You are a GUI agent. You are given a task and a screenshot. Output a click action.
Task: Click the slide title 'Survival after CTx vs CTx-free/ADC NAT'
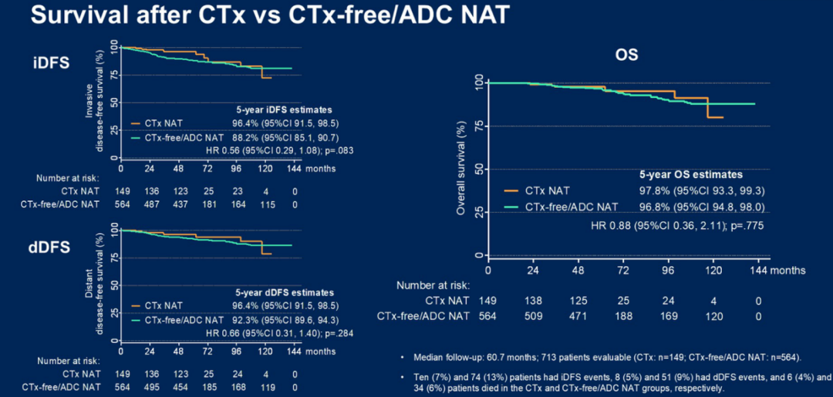click(x=269, y=15)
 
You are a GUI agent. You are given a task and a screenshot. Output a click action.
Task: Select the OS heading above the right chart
click(x=626, y=56)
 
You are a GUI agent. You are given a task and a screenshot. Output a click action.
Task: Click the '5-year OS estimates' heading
click(x=691, y=175)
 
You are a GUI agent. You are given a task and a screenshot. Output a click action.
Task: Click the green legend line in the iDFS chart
click(x=138, y=137)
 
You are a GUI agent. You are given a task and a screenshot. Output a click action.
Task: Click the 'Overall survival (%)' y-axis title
click(x=461, y=168)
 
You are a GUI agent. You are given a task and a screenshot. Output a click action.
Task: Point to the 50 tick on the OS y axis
click(x=477, y=169)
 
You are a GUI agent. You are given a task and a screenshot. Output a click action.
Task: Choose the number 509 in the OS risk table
click(x=532, y=315)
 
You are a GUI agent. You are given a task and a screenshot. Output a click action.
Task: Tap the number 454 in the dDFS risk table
click(x=180, y=386)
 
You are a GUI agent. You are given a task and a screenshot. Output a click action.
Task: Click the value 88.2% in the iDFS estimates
click(x=237, y=138)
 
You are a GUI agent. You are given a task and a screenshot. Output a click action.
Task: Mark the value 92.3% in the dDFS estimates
click(x=237, y=318)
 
